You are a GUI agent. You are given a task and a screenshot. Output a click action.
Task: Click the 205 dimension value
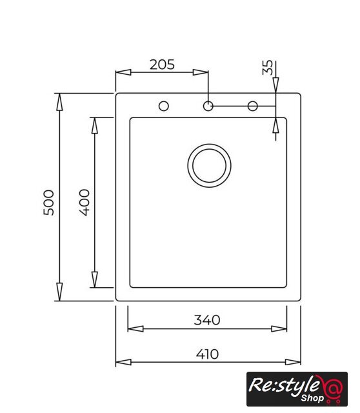click(x=162, y=65)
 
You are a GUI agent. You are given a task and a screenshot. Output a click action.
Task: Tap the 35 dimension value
click(x=268, y=67)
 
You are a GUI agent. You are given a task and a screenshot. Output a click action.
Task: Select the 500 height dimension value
click(x=49, y=203)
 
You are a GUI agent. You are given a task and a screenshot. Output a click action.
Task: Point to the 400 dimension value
click(x=85, y=203)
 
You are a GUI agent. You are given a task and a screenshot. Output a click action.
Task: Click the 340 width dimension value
click(x=207, y=320)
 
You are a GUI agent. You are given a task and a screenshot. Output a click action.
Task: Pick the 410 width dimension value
click(x=207, y=354)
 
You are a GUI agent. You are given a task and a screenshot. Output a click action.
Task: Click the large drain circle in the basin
click(x=210, y=166)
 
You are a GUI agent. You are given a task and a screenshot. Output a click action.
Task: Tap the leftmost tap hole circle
click(x=164, y=106)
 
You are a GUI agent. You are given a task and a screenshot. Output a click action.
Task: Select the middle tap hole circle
click(x=208, y=106)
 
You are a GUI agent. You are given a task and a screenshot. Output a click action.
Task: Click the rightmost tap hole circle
click(x=252, y=106)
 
